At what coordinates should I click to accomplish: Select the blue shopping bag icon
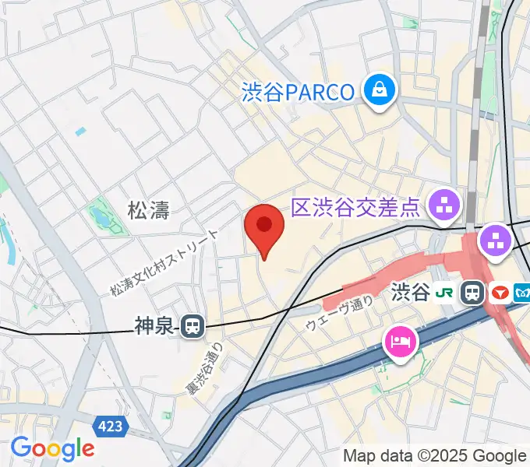click(x=380, y=91)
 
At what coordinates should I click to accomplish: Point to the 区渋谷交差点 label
click(x=356, y=207)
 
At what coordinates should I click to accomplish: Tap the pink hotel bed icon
click(x=400, y=341)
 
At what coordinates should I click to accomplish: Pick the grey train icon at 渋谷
click(x=472, y=293)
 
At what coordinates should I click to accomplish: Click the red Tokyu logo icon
click(x=500, y=293)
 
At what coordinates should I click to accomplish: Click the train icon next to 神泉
click(x=193, y=326)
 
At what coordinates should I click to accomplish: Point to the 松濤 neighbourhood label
click(x=148, y=209)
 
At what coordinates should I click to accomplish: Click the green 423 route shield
click(x=110, y=426)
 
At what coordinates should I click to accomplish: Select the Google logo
click(x=52, y=448)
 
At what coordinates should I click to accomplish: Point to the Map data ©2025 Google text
click(x=434, y=455)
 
